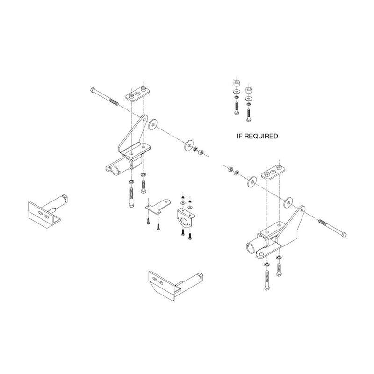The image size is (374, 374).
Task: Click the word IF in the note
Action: (241, 137)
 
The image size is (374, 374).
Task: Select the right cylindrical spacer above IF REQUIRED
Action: (247, 89)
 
